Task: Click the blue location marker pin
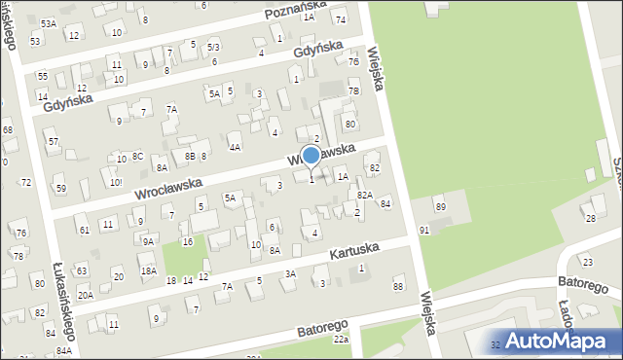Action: [x=311, y=156]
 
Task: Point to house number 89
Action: [x=440, y=207]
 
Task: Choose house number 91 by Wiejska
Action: [x=424, y=229]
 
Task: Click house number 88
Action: [x=397, y=285]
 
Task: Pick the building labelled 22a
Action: [x=341, y=339]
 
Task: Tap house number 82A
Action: [x=365, y=195]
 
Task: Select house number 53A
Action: [x=49, y=22]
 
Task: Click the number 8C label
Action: [x=138, y=156]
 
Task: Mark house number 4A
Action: [x=234, y=147]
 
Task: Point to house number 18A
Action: [x=148, y=271]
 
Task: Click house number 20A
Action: [x=86, y=295]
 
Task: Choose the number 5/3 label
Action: [x=213, y=47]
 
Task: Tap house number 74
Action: [x=340, y=19]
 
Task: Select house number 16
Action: [x=187, y=241]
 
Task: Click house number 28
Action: [x=591, y=218]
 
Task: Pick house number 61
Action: [x=85, y=230]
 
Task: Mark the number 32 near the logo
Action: [x=495, y=344]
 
